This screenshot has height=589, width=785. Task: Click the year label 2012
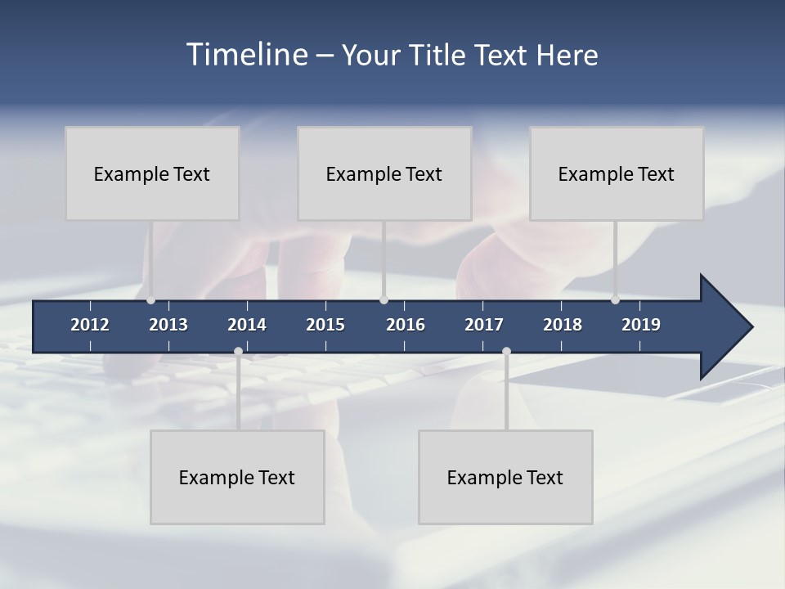click(90, 325)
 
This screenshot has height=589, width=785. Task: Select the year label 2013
click(168, 325)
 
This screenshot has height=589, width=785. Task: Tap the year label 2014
click(247, 325)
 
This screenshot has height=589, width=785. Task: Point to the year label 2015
click(325, 325)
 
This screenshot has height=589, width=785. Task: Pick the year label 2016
click(406, 325)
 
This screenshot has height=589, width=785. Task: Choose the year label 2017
click(484, 325)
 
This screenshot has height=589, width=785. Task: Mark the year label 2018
click(563, 325)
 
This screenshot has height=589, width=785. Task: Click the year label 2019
click(641, 325)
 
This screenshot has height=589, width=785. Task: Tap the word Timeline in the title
click(247, 55)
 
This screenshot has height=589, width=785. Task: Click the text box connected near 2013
click(152, 173)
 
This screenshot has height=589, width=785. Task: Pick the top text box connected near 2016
click(384, 173)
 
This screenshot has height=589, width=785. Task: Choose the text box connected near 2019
click(617, 173)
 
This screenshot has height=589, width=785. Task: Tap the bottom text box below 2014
click(237, 477)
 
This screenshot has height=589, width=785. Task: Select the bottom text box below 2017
click(505, 477)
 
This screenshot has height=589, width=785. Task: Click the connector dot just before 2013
click(150, 300)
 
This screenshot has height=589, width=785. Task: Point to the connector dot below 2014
click(238, 352)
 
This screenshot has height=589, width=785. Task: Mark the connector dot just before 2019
click(615, 300)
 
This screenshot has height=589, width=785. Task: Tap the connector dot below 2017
click(506, 352)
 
